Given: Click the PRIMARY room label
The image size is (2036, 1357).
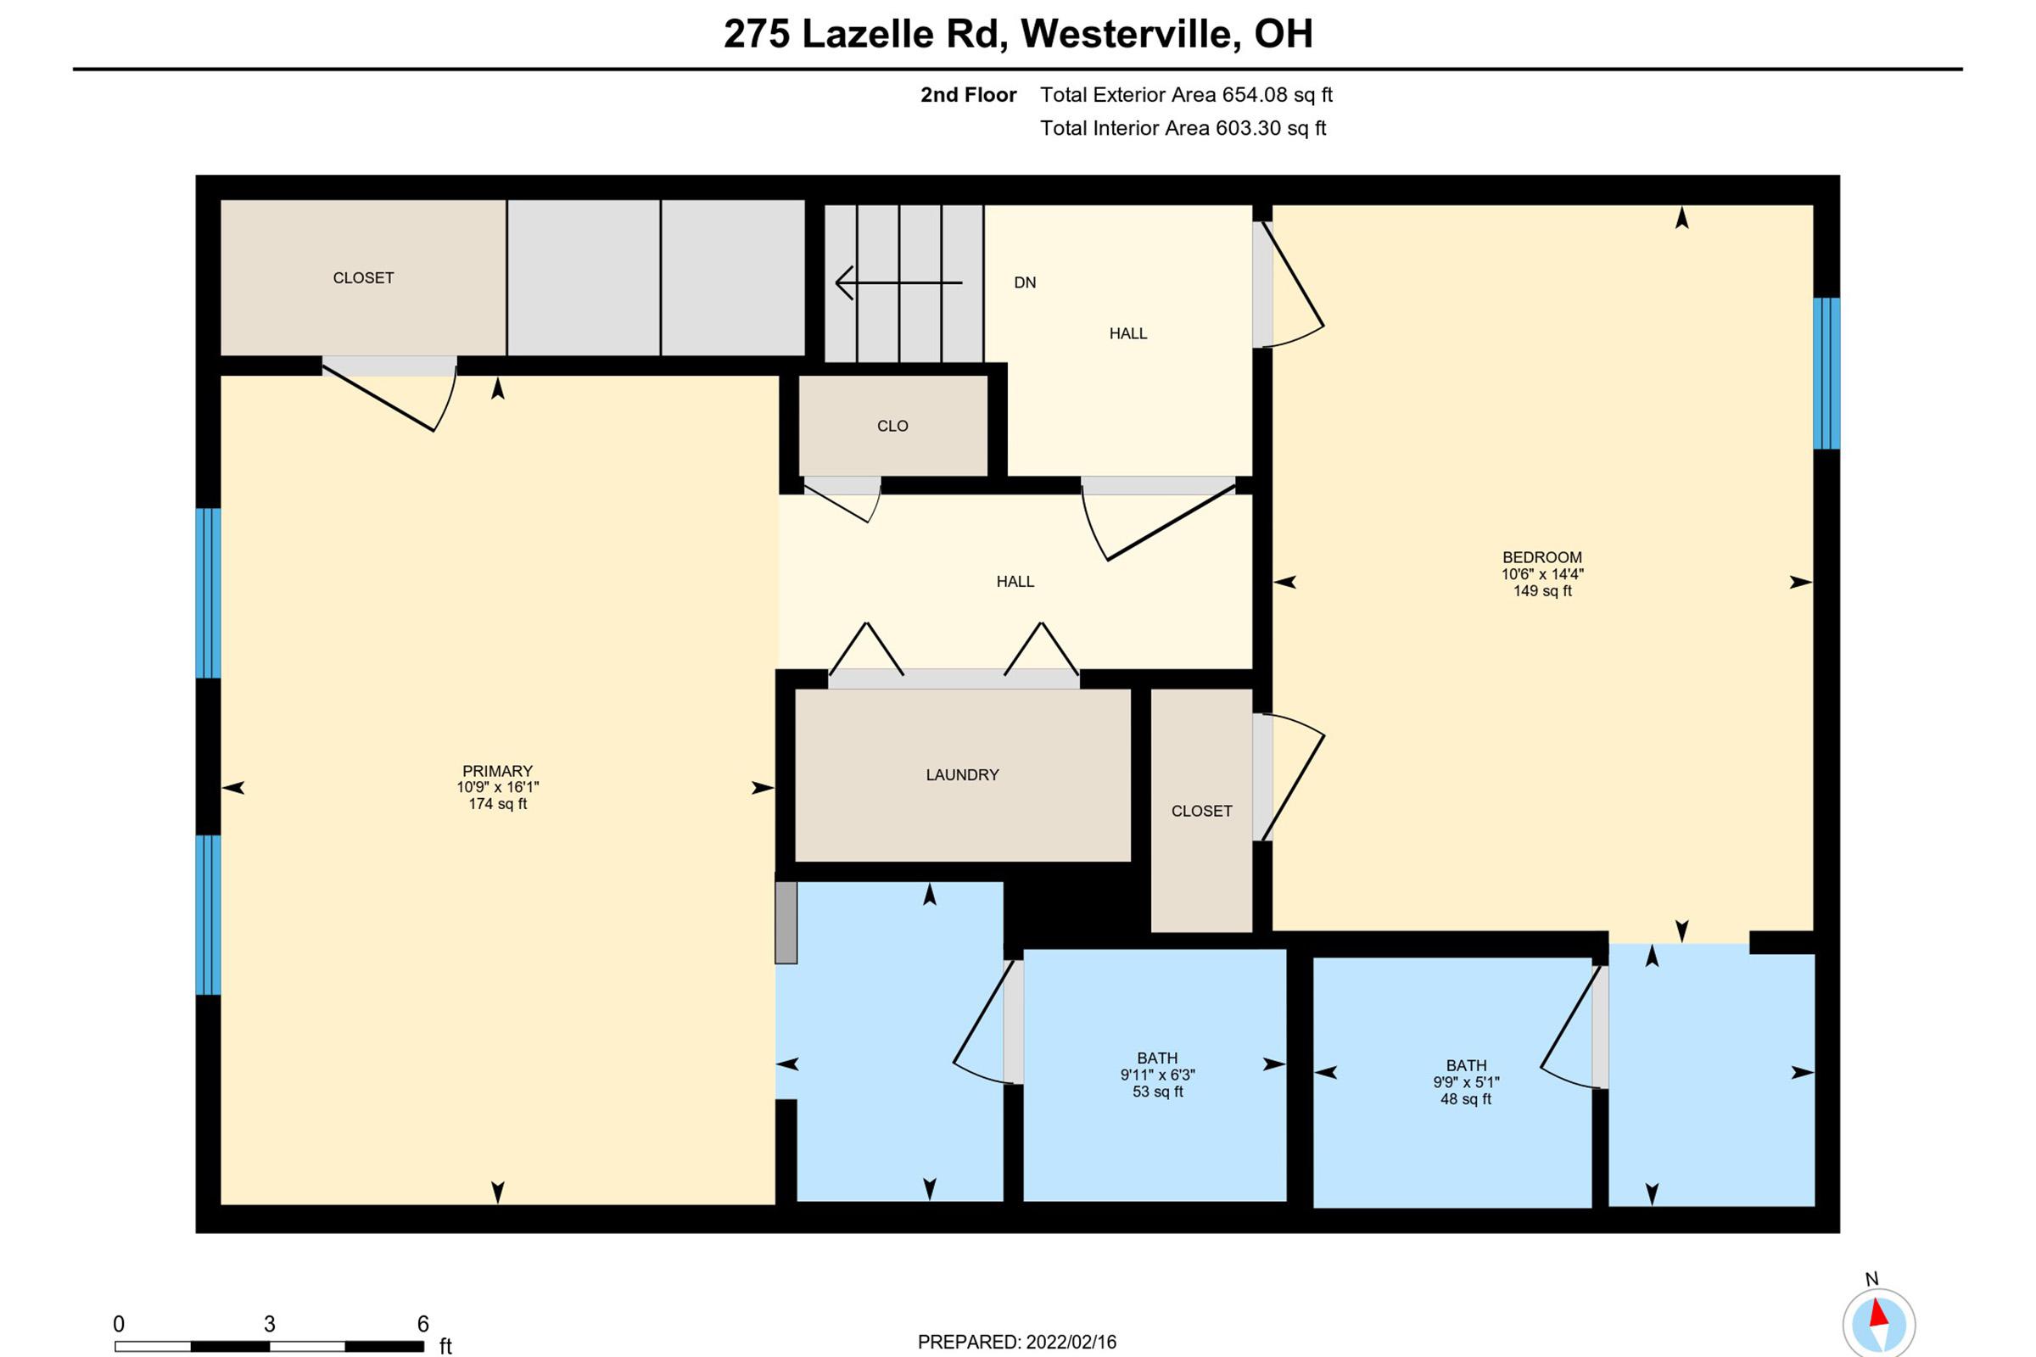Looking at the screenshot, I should pyautogui.click(x=497, y=771).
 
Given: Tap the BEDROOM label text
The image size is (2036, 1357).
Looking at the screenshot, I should pyautogui.click(x=1541, y=557).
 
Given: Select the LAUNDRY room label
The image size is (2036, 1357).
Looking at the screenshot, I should pyautogui.click(x=962, y=774).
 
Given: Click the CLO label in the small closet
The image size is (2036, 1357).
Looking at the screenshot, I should pyautogui.click(x=892, y=426).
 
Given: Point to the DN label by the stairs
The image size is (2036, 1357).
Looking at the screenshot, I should pyautogui.click(x=1024, y=282).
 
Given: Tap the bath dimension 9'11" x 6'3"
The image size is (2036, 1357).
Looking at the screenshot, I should pyautogui.click(x=1156, y=1075).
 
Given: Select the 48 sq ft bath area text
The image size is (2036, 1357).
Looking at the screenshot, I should pyautogui.click(x=1465, y=1099).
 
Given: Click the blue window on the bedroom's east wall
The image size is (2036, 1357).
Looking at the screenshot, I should pyautogui.click(x=1826, y=373).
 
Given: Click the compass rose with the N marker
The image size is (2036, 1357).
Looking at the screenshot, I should pyautogui.click(x=1877, y=1322).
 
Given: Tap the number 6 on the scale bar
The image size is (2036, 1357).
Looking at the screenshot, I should pyautogui.click(x=422, y=1323).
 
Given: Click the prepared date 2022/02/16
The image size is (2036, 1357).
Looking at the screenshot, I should pyautogui.click(x=1070, y=1343).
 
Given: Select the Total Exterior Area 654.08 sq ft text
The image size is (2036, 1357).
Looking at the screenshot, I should pyautogui.click(x=1185, y=94).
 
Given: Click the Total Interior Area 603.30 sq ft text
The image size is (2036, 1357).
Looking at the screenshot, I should pyautogui.click(x=1182, y=128).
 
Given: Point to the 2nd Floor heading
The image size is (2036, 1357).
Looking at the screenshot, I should pyautogui.click(x=968, y=95).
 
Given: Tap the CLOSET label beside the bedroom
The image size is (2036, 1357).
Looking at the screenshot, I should pyautogui.click(x=1200, y=811).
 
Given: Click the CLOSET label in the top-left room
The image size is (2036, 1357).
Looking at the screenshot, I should pyautogui.click(x=363, y=278).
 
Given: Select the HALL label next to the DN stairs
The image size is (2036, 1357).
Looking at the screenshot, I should pyautogui.click(x=1127, y=333).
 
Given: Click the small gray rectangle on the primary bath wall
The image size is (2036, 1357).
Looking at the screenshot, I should pyautogui.click(x=786, y=923).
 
